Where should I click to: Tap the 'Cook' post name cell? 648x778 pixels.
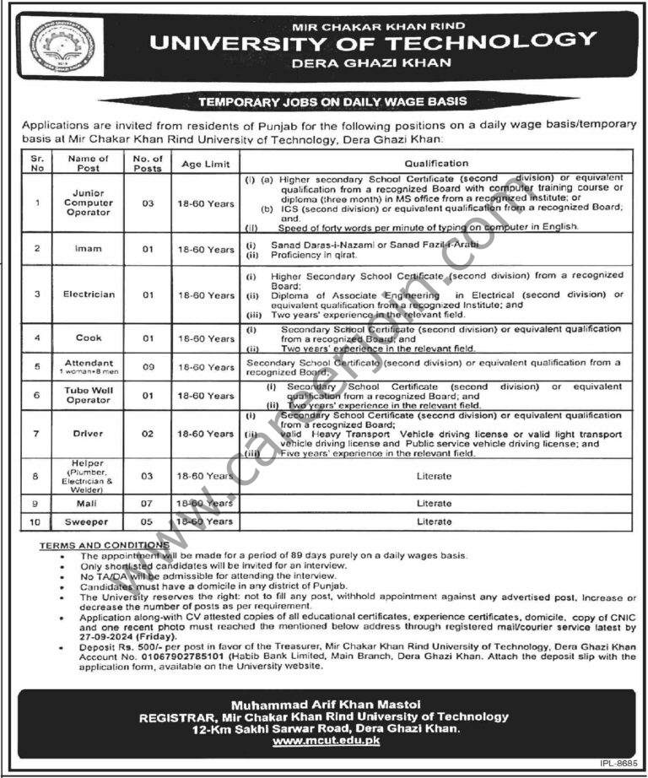click(89, 338)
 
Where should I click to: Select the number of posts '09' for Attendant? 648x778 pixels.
click(148, 367)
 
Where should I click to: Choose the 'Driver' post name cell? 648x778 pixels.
click(89, 434)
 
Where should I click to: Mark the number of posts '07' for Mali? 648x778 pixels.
click(148, 503)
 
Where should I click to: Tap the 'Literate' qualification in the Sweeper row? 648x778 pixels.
click(435, 521)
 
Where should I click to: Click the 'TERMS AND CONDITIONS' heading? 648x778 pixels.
click(105, 546)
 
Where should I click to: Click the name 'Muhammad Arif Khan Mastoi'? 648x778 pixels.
click(330, 703)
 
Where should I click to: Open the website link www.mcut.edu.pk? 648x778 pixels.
click(330, 741)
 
